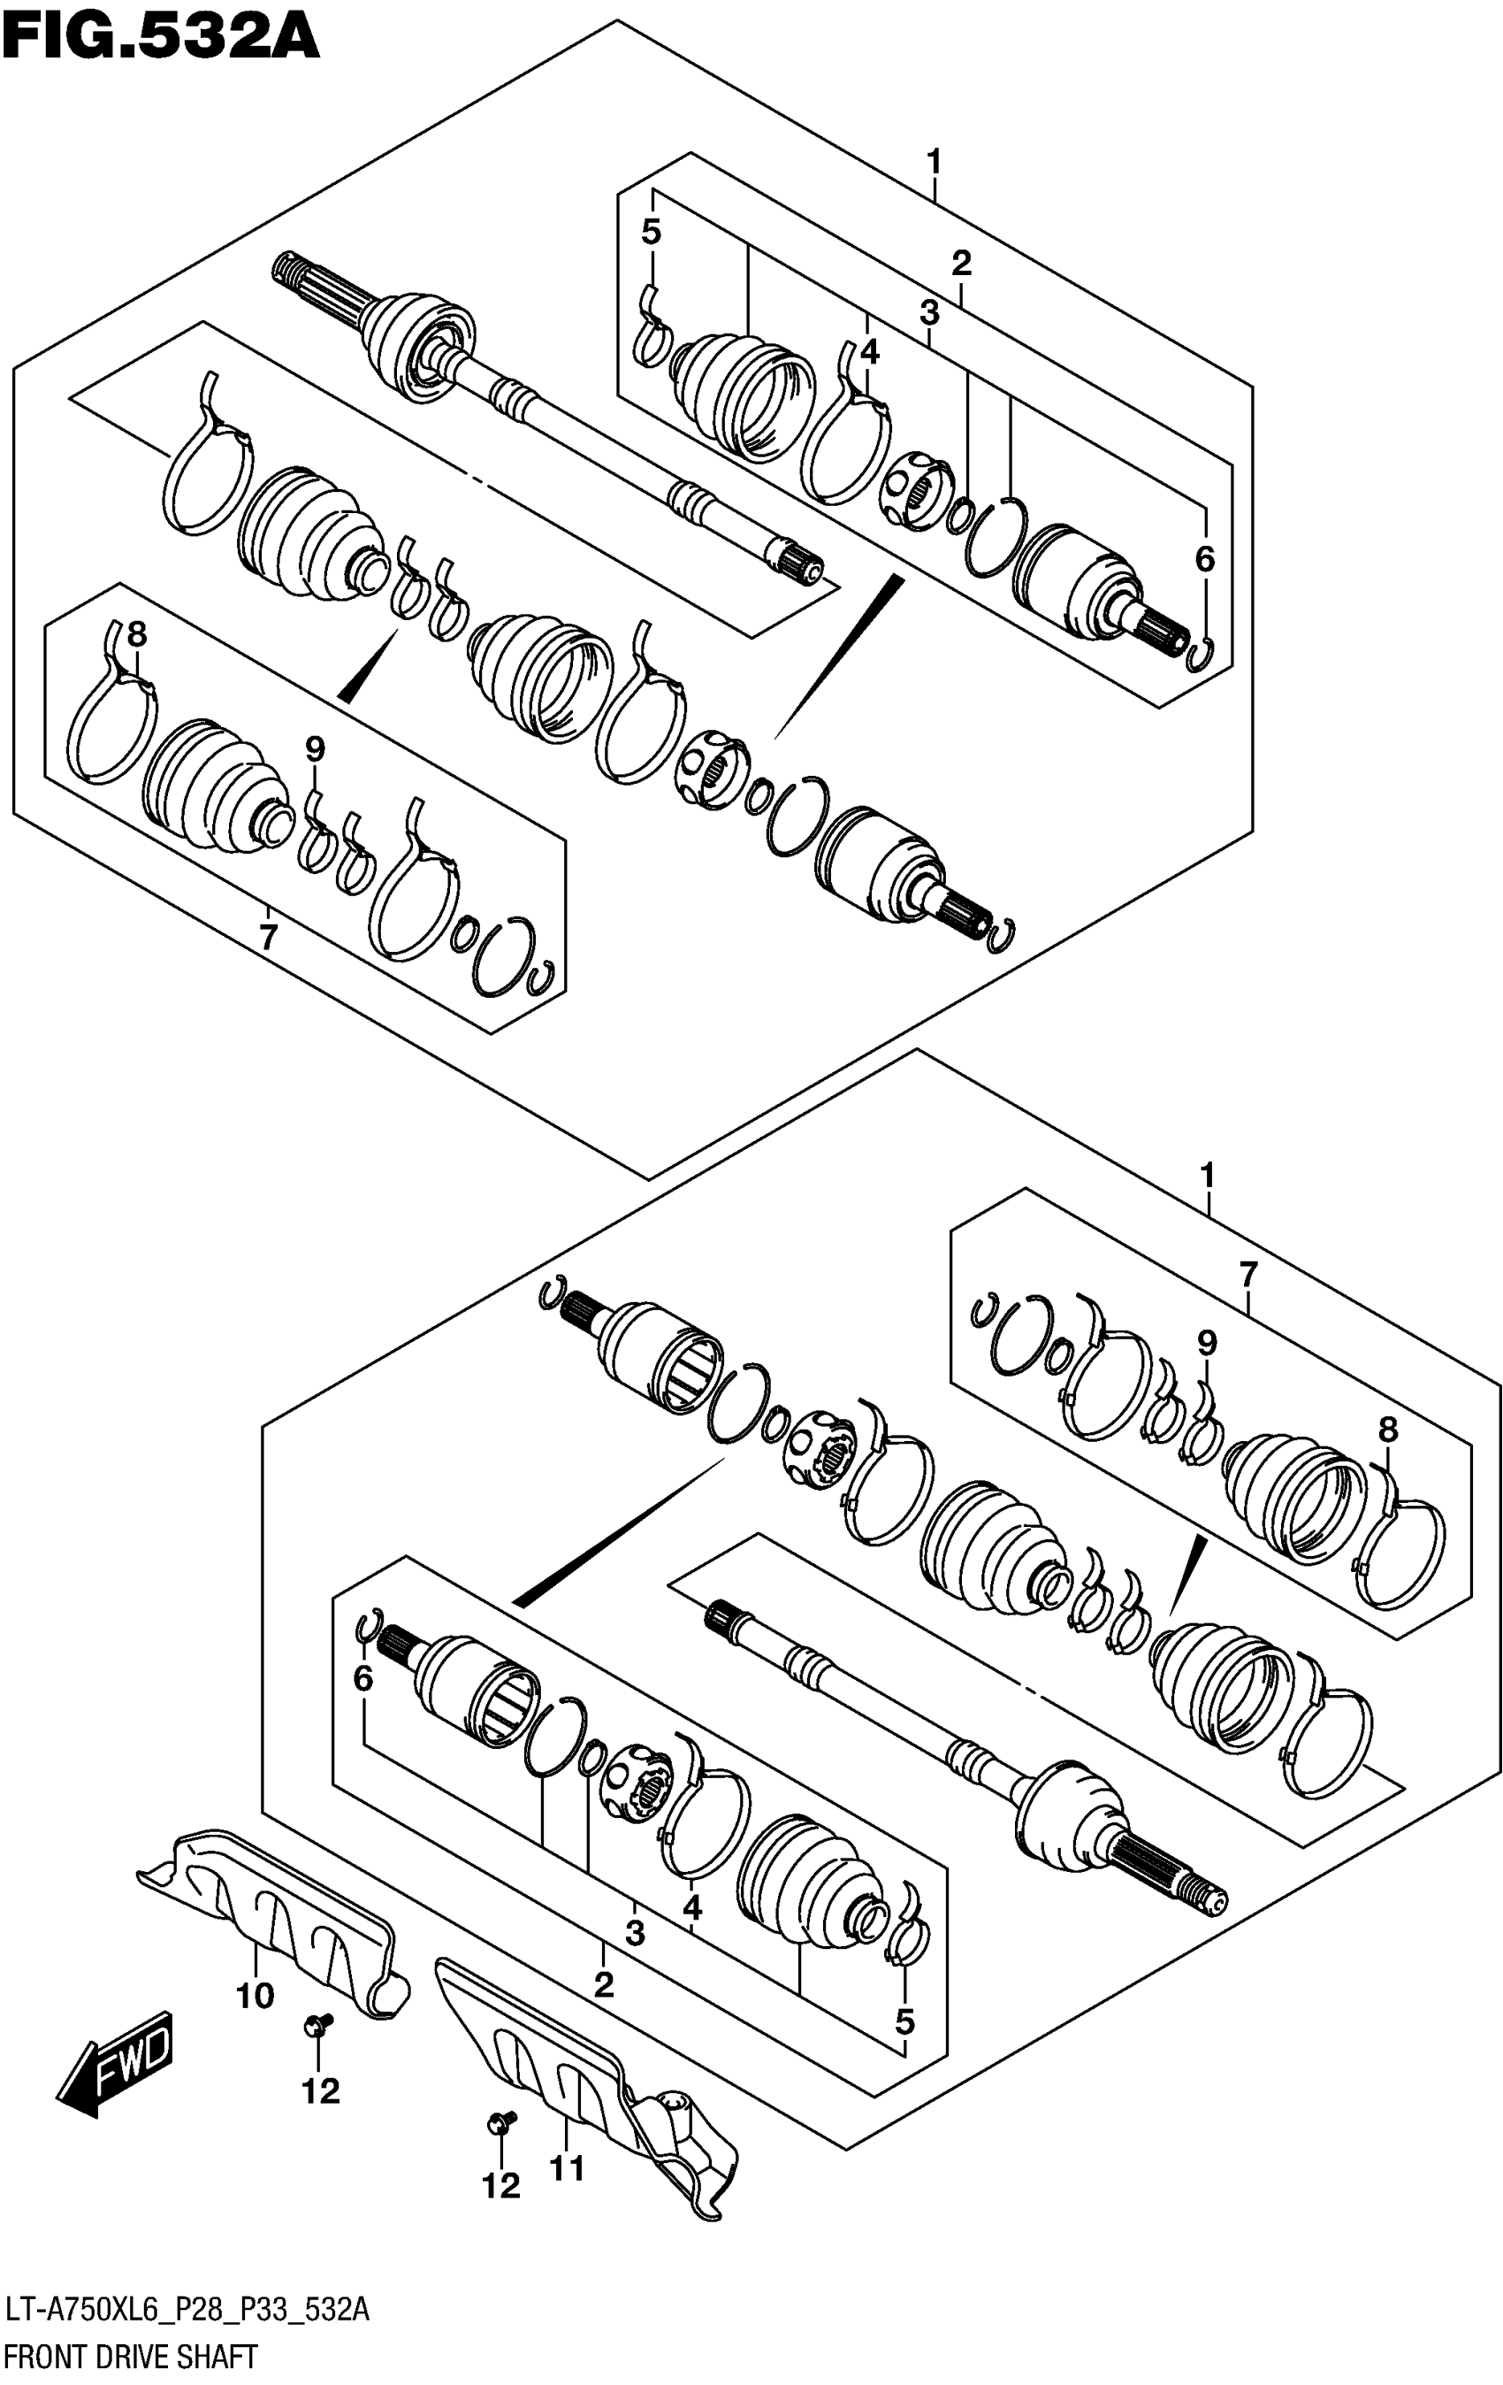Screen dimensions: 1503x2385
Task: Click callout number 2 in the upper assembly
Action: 960,264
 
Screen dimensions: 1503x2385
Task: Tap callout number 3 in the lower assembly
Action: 635,1932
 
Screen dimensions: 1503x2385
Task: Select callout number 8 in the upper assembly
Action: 137,634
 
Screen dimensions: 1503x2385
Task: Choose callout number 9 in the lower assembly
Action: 1206,1344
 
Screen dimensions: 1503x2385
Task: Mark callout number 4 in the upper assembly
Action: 869,351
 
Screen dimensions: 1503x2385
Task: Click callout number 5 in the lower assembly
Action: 904,2022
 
